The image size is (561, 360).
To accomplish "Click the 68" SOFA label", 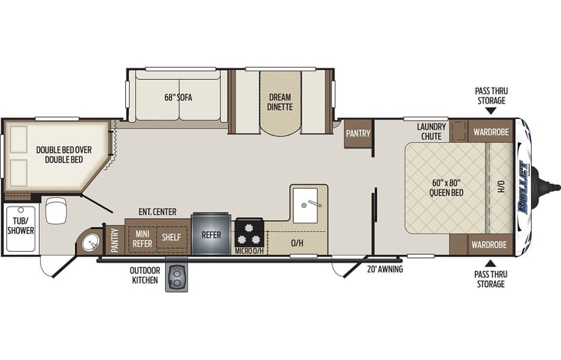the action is tap(178, 97).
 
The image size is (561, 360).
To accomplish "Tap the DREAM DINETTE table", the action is tap(280, 103).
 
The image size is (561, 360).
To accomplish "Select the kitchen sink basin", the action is tap(305, 205).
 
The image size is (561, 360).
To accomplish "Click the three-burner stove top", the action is tap(249, 233).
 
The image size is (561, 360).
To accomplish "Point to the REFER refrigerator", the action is tap(211, 234).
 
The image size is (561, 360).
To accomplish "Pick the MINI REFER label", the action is tap(143, 239).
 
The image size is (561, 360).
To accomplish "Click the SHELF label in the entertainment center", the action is tap(171, 237).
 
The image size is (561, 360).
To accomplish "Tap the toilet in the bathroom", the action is tap(56, 210).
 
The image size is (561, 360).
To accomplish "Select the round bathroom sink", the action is tap(91, 243).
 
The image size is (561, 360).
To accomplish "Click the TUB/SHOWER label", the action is tap(21, 226).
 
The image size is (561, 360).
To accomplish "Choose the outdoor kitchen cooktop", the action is tap(177, 279).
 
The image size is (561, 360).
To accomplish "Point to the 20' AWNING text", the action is tap(385, 269).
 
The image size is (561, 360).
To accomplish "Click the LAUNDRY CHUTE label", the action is tap(431, 131).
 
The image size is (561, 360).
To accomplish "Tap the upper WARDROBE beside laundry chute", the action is tap(491, 132).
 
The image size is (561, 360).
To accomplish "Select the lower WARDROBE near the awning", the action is tap(489, 245).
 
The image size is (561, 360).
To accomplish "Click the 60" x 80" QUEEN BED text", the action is tap(446, 188).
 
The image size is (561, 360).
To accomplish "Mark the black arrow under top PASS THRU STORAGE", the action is tap(491, 111).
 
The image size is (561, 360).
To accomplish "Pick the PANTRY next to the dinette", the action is tap(358, 134).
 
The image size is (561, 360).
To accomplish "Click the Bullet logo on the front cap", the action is tap(524, 187).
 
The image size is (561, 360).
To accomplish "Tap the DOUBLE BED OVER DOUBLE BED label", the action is tap(64, 154).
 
